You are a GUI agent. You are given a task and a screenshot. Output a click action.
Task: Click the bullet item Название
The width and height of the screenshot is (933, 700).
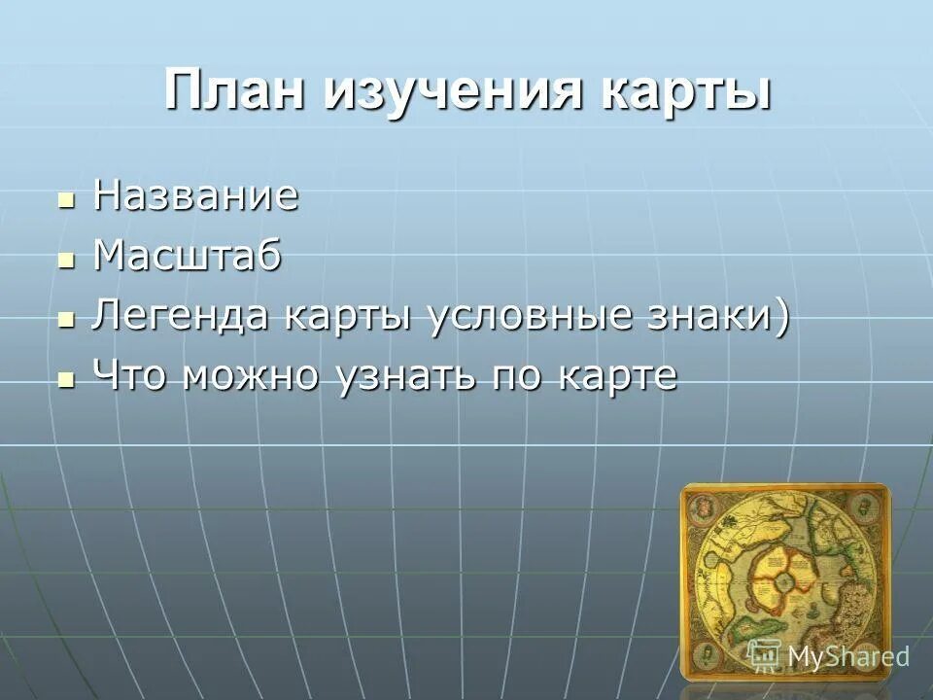tap(195, 197)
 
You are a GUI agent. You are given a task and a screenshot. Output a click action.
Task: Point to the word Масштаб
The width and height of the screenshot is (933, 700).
tap(187, 258)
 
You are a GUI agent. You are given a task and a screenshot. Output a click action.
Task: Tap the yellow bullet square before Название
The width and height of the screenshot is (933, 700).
tap(67, 200)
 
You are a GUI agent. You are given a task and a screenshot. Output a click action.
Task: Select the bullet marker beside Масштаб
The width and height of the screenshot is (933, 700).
tap(67, 261)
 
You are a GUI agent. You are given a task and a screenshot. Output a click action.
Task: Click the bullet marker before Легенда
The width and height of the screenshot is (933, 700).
tap(67, 321)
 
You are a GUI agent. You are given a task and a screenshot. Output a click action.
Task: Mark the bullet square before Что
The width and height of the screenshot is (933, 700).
tap(67, 379)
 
